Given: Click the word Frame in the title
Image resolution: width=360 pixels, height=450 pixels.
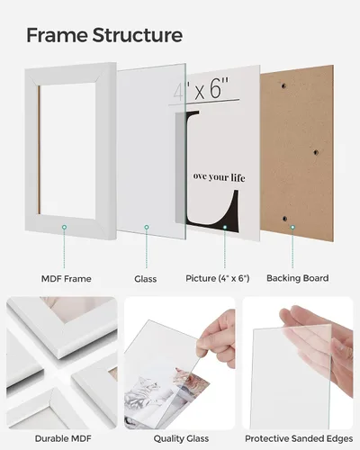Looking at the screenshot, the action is (57, 35).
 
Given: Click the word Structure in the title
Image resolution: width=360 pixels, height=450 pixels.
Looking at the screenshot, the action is (138, 35).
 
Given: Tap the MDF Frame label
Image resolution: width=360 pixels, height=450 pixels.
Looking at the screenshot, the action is (67, 279).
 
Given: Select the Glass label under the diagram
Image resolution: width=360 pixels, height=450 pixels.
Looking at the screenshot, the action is (146, 279).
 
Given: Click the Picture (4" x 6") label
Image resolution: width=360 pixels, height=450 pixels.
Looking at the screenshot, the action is (218, 278).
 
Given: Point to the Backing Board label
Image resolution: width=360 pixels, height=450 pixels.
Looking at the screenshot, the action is (298, 278).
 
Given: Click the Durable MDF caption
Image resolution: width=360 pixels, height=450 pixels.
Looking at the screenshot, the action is (63, 438).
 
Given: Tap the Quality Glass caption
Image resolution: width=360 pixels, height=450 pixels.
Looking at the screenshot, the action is (181, 438).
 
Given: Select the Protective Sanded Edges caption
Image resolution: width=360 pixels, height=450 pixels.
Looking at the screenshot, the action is (299, 438).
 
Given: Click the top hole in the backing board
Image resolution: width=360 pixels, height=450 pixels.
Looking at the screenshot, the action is (283, 86).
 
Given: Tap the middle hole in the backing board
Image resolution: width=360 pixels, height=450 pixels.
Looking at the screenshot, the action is (316, 152).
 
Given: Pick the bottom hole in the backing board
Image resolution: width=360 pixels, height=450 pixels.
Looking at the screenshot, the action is (284, 219).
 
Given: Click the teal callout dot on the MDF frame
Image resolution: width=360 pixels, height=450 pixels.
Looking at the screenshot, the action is (64, 228).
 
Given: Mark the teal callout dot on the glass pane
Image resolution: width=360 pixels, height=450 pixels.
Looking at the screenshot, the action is (147, 228).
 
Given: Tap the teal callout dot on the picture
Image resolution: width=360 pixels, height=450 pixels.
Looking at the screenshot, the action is (225, 228).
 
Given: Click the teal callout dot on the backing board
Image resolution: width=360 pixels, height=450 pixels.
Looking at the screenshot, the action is (292, 228).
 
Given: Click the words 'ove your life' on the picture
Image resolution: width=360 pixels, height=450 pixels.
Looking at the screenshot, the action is (219, 177).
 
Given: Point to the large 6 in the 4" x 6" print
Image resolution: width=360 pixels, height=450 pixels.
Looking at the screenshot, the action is (215, 88).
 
